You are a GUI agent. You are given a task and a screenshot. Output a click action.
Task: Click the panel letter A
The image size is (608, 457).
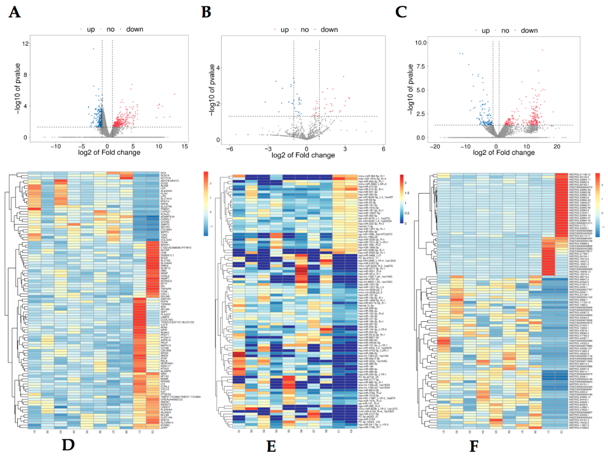(x=14, y=12)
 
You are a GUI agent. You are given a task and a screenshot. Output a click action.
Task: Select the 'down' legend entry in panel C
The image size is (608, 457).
(x=529, y=30)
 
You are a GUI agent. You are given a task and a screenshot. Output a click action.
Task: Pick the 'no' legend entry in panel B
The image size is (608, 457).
(x=304, y=30)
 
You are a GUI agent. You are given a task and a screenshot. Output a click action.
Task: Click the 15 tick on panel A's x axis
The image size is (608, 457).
(x=185, y=146)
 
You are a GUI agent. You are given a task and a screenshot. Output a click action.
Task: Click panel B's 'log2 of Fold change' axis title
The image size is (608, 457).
(x=303, y=155)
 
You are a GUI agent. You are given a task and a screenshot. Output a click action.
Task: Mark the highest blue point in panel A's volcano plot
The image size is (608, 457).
(x=93, y=49)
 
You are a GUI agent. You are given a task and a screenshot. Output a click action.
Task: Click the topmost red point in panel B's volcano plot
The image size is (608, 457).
(x=316, y=50)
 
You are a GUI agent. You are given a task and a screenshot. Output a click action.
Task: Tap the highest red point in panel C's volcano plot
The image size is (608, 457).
(x=542, y=50)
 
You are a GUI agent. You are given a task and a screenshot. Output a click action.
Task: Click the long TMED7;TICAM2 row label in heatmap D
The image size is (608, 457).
(x=180, y=397)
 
